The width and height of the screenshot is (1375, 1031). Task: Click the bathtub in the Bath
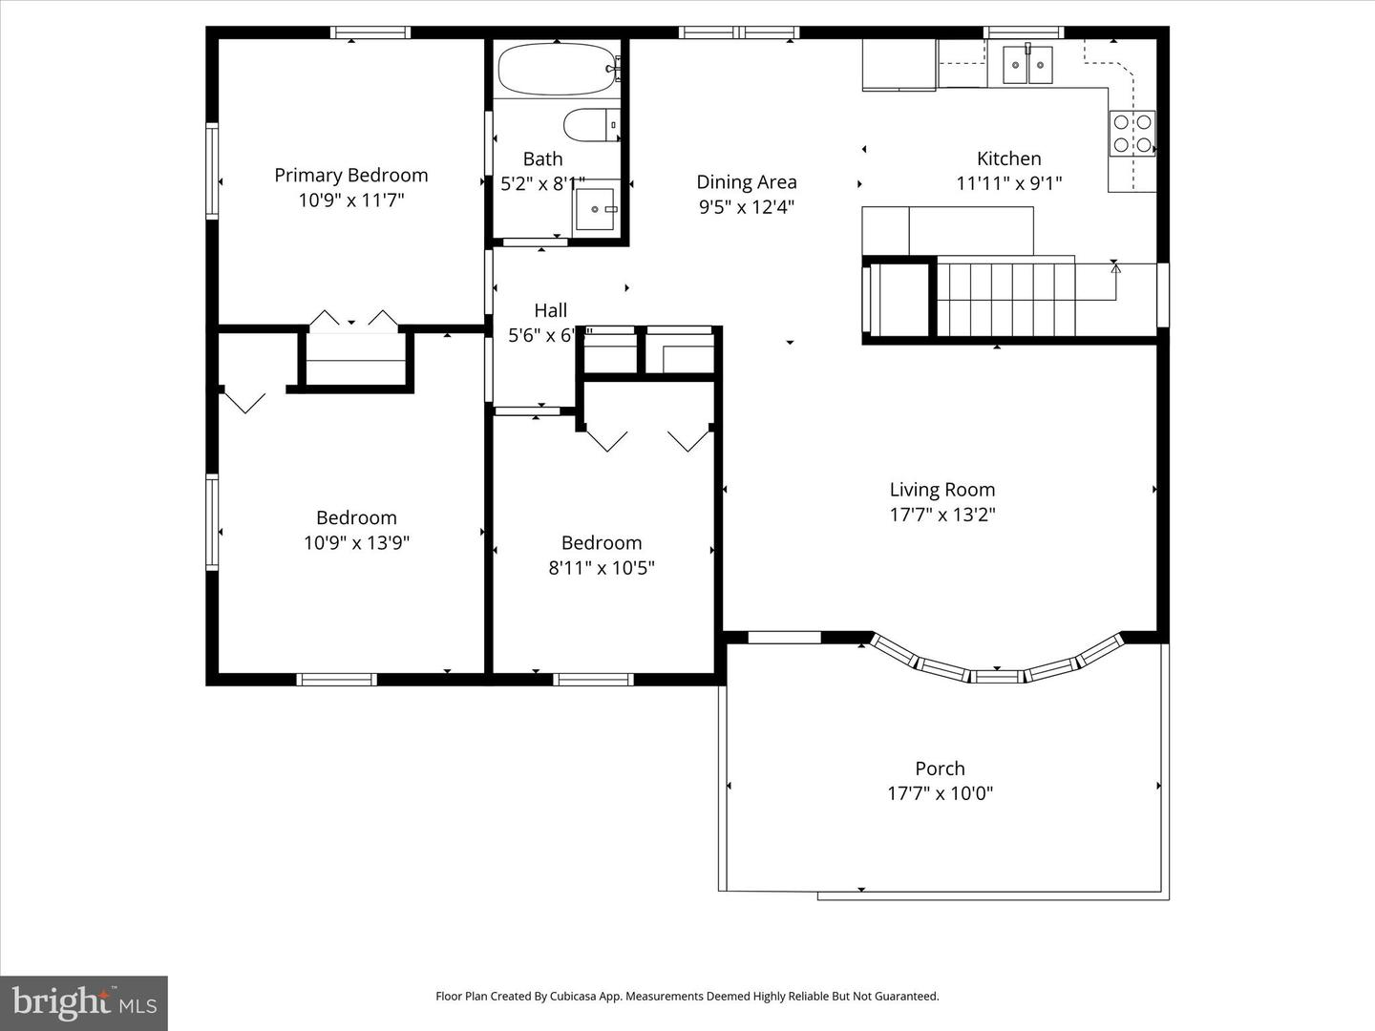[557, 69]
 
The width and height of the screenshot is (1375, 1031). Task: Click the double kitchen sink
[1026, 65]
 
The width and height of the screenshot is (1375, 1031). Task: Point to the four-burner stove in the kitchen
[1132, 134]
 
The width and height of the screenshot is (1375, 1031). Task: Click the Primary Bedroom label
[350, 176]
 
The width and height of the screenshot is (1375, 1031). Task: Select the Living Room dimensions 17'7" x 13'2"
[942, 515]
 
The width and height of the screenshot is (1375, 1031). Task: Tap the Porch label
[940, 768]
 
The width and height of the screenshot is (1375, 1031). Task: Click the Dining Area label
[746, 182]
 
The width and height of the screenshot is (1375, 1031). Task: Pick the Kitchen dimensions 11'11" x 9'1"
[1008, 183]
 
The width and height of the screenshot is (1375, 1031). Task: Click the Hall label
[550, 310]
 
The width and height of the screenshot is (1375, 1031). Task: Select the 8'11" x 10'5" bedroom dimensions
[601, 568]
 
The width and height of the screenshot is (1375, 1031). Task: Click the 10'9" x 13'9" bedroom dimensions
[356, 543]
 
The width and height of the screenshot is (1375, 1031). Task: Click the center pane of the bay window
[996, 676]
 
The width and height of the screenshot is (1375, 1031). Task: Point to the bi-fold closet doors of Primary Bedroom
[354, 320]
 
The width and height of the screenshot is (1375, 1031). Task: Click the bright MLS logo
[84, 1002]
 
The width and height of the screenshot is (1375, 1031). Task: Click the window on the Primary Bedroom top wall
[370, 32]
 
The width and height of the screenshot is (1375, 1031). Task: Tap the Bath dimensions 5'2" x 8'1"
[542, 184]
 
